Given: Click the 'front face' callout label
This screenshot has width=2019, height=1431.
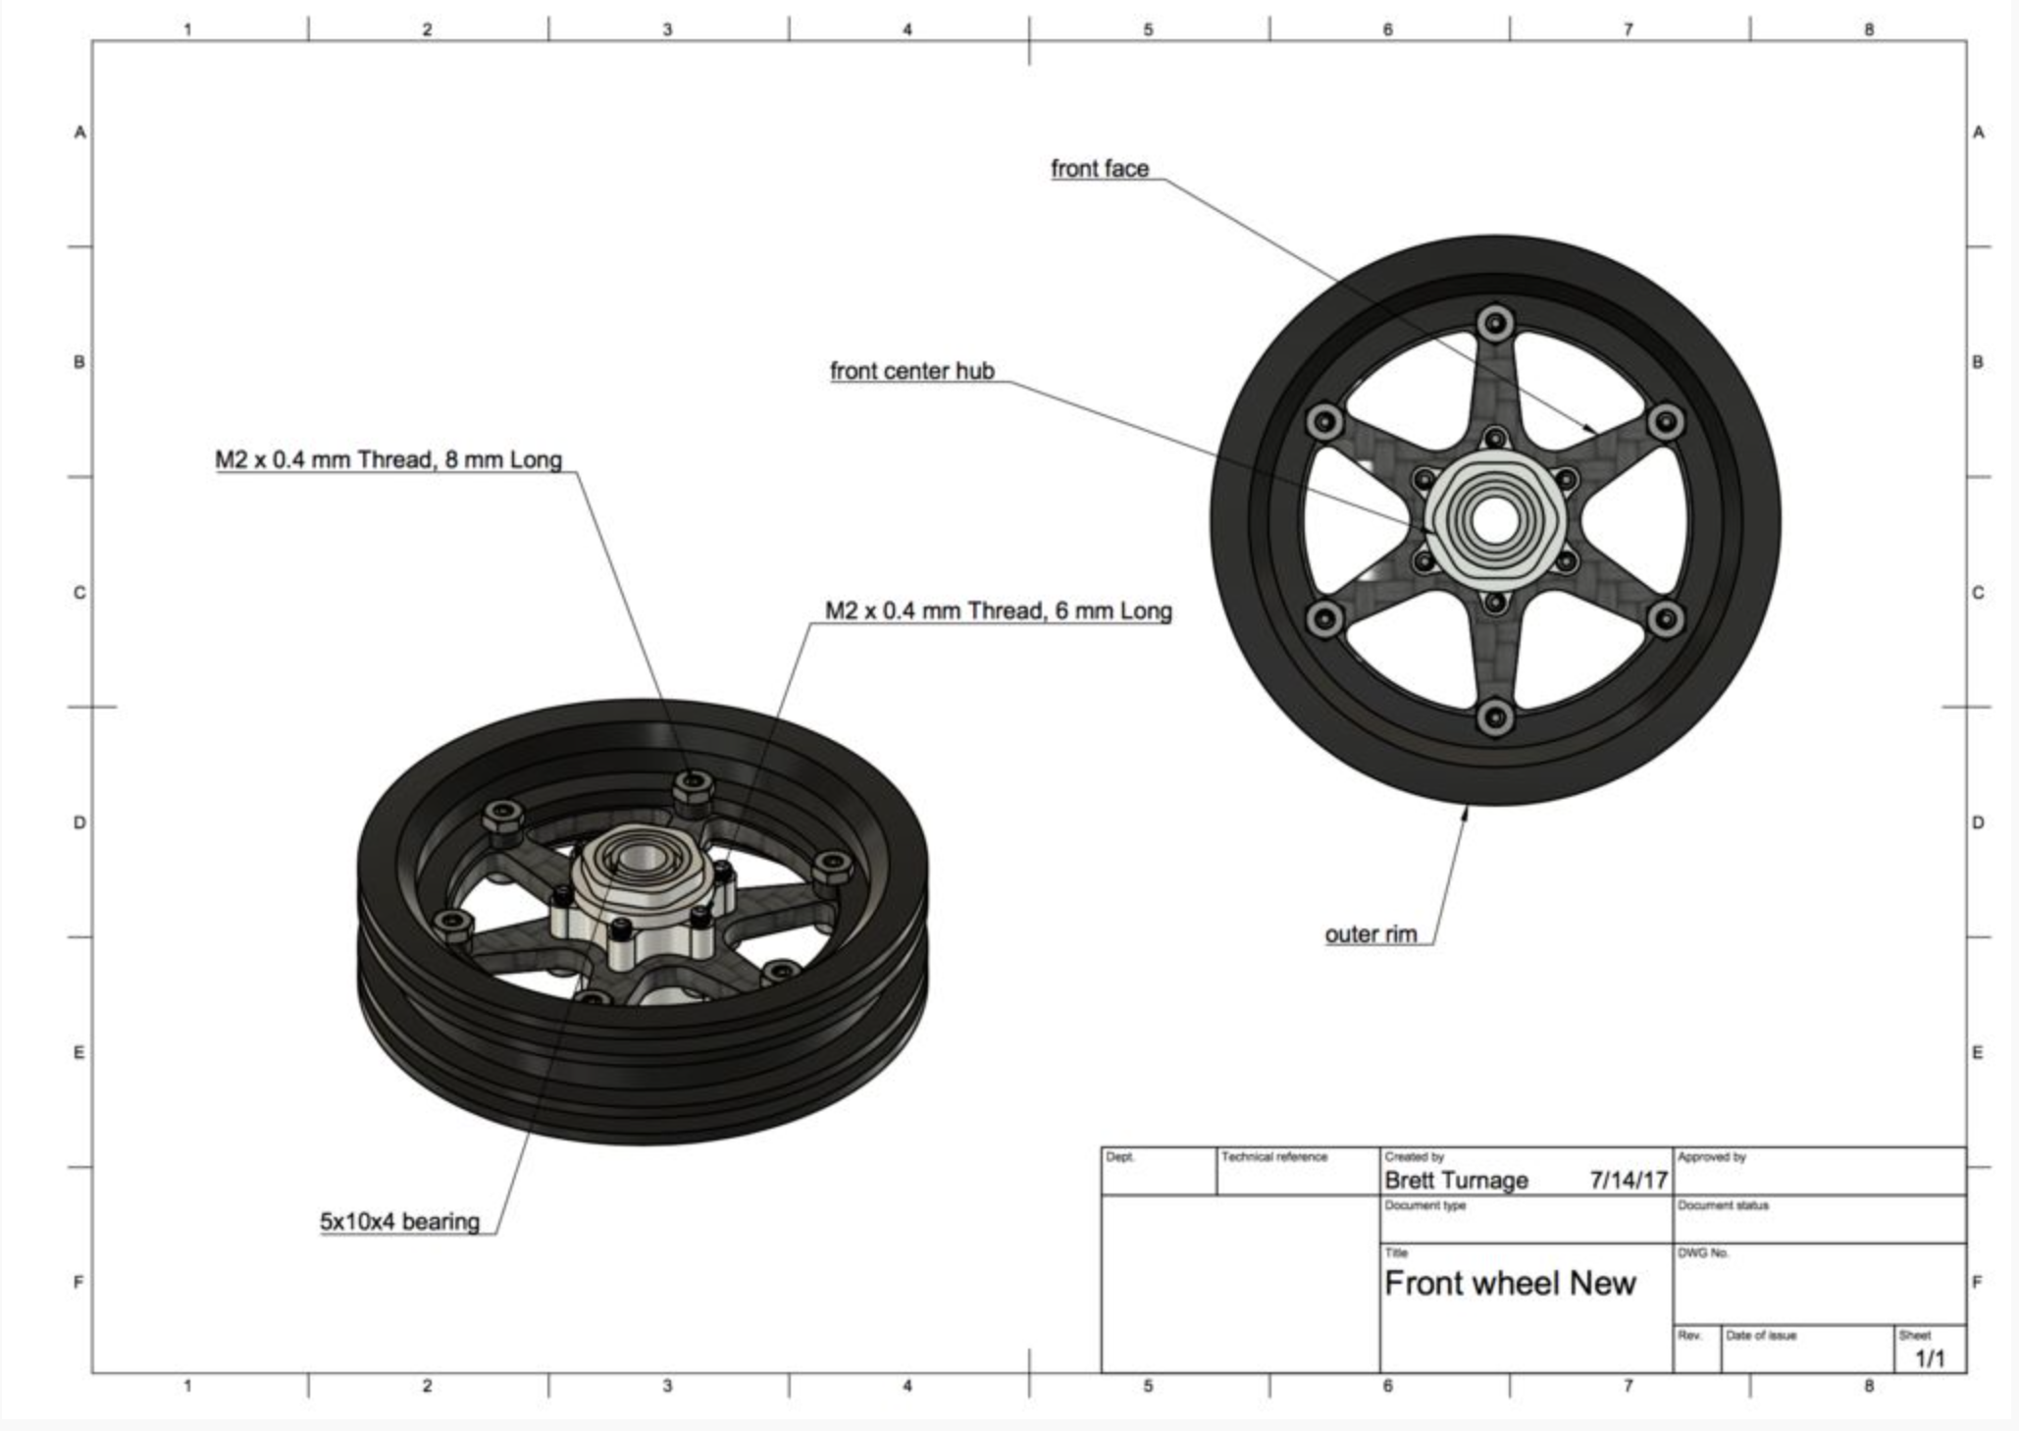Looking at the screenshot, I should [1100, 169].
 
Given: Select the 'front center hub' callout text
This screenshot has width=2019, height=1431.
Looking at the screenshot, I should [911, 371].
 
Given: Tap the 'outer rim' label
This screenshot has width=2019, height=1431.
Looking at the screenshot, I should [1371, 934].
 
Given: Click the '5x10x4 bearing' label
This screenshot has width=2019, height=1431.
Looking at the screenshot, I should [399, 1222].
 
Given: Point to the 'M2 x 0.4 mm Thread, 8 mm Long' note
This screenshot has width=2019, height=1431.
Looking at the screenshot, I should [388, 459].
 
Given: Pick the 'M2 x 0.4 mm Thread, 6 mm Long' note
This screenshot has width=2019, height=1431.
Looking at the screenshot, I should [998, 610].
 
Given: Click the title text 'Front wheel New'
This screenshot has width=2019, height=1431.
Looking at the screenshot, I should [1510, 1283].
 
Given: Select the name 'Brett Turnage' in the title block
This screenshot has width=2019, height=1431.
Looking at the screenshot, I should [1456, 1180].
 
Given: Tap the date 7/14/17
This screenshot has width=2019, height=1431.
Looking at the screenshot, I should [1629, 1180].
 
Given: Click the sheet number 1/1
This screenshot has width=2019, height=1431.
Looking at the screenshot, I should [1930, 1358].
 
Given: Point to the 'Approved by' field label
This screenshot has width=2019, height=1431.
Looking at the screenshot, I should [1712, 1157].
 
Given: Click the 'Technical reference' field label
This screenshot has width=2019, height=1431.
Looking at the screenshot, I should [1274, 1157].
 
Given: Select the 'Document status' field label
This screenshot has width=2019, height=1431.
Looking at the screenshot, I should [1723, 1205].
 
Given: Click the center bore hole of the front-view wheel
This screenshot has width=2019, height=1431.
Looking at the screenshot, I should [1492, 521].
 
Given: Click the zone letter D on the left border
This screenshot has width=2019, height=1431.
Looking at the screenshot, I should [79, 822].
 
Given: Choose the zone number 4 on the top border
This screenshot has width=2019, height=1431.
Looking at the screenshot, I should [907, 29].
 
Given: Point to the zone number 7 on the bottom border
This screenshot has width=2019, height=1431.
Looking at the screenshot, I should [1629, 1386].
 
